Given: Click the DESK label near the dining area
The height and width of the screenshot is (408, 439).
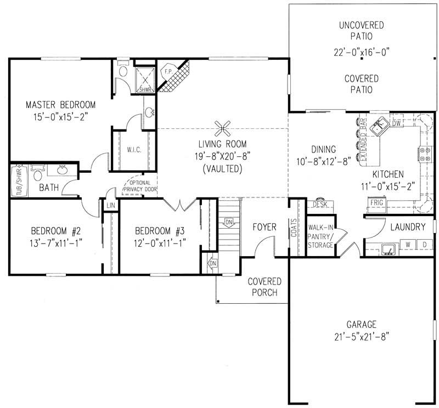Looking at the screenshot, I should (319, 204).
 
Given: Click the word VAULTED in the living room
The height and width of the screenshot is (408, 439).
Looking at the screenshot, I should (222, 168).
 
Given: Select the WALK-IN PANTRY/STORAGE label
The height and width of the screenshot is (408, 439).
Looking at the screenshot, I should (320, 236).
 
